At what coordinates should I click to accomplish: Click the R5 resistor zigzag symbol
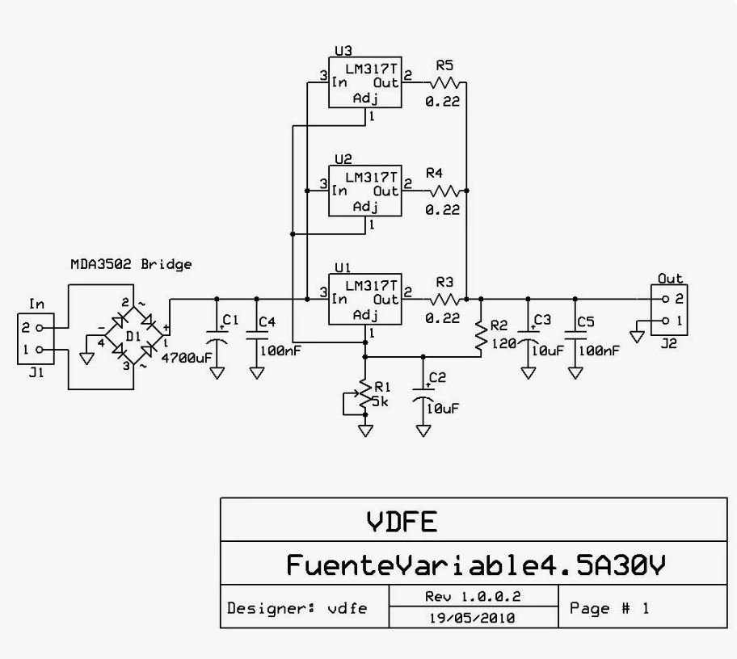444,83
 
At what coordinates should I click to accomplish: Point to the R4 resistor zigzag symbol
444,191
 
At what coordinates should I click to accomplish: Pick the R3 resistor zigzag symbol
444,299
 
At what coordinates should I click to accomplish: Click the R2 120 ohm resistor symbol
481,337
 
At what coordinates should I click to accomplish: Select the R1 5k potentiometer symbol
364,397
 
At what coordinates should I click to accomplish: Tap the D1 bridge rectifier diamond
133,335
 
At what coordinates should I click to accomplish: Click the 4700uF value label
187,359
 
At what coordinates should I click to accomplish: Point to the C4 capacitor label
267,321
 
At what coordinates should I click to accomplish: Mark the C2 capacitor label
437,377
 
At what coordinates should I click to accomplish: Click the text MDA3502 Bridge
131,264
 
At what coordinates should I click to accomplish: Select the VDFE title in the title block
402,522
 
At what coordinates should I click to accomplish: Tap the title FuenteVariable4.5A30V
476,565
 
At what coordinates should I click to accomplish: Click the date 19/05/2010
473,618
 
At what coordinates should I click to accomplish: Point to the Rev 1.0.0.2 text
473,597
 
